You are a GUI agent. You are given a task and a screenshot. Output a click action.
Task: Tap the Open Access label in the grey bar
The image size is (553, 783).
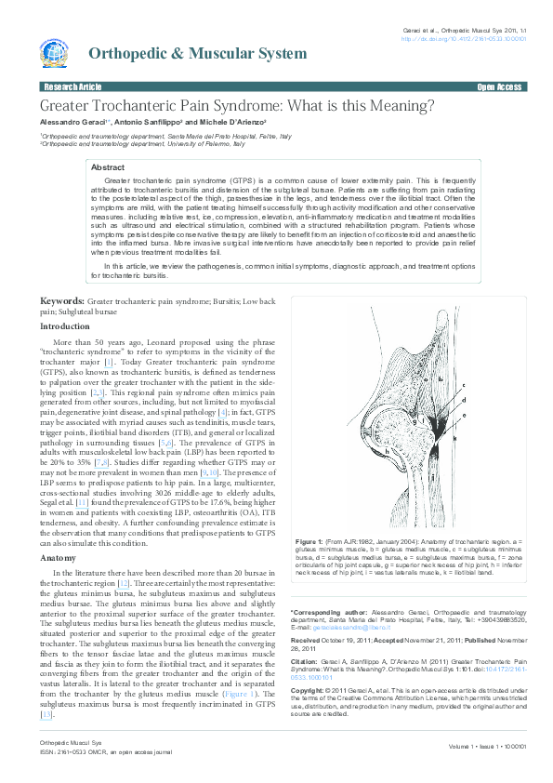[499, 86]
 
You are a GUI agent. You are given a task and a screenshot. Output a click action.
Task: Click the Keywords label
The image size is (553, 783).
[61, 302]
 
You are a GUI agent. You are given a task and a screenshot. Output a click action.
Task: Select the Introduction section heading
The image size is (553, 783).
[65, 326]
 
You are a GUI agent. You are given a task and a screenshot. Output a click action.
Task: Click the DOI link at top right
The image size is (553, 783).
[464, 40]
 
